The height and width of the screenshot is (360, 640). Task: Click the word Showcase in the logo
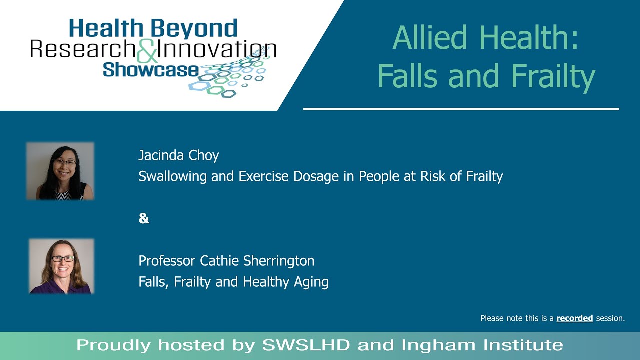tap(150, 69)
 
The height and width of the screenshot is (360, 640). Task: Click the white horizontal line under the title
tap(461, 109)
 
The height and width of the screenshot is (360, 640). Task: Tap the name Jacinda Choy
tap(178, 155)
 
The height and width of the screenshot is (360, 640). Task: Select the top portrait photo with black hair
tap(60, 171)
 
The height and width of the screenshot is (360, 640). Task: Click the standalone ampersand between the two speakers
tap(144, 218)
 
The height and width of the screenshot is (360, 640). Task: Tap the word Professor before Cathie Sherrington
tap(167, 261)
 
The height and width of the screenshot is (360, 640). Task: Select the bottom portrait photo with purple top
tap(61, 266)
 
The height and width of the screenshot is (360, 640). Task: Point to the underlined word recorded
tap(574, 318)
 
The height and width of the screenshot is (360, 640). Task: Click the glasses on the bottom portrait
tap(63, 259)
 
